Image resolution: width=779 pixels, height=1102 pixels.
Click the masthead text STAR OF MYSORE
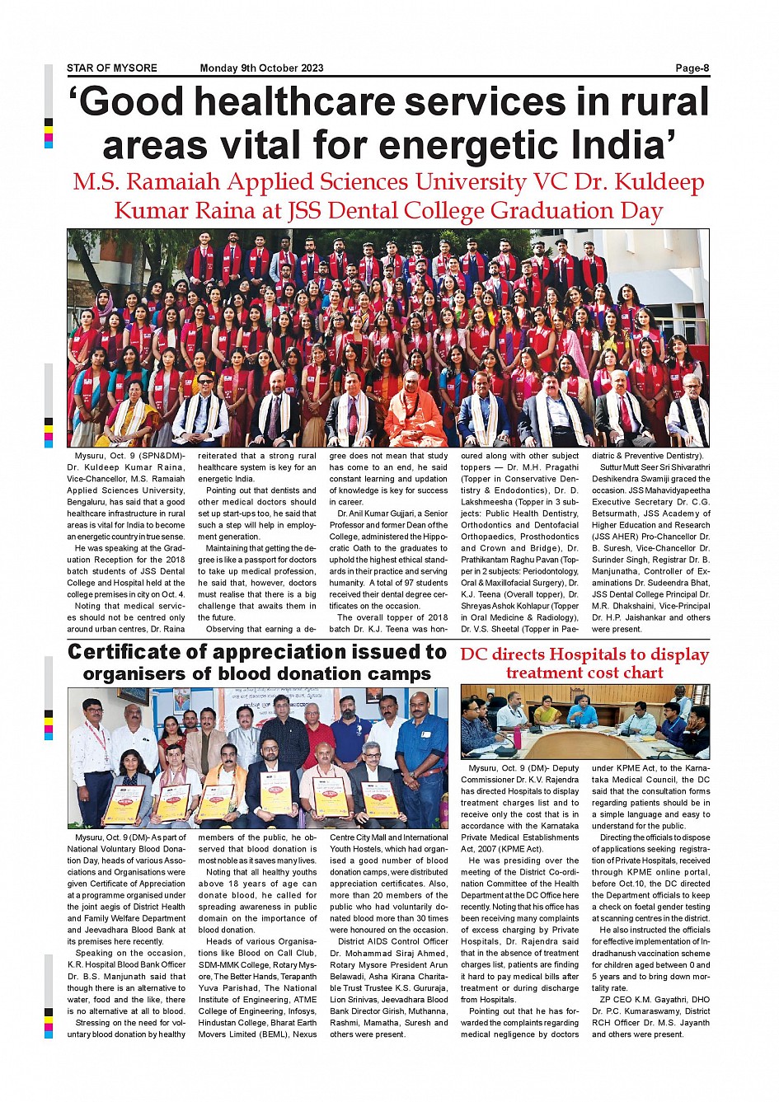click(112, 68)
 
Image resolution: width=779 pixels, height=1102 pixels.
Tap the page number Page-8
click(692, 68)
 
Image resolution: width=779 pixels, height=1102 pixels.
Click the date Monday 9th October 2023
click(261, 68)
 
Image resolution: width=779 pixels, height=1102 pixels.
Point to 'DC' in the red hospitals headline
click(474, 655)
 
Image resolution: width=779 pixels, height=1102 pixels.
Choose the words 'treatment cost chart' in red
click(584, 673)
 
